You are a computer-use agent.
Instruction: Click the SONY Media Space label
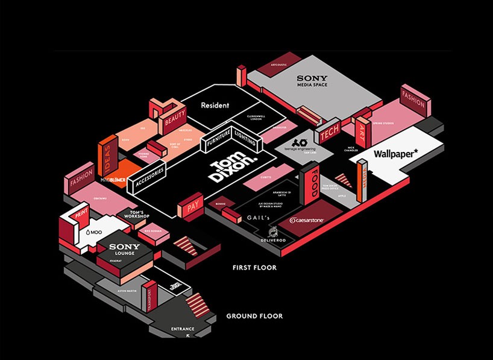312,81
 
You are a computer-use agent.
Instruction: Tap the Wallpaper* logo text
395,154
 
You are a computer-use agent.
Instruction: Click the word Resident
215,106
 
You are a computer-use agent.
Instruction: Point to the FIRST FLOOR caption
255,267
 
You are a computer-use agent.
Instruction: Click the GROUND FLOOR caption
254,316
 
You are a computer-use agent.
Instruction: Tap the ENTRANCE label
182,329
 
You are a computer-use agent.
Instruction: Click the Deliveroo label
273,240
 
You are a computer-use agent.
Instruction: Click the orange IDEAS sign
108,159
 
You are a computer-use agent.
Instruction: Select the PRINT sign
80,213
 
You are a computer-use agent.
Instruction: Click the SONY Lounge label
124,249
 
